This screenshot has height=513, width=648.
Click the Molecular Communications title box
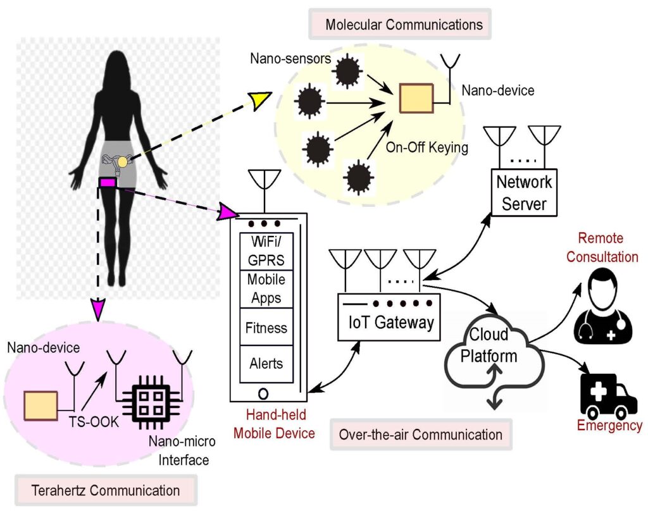tap(404, 25)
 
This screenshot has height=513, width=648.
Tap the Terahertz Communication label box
tap(106, 490)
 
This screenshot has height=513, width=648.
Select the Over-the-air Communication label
tap(421, 435)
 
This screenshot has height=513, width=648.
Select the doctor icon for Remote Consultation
tap(602, 303)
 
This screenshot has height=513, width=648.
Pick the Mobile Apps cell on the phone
tap(266, 288)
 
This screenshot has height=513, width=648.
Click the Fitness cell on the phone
tap(266, 328)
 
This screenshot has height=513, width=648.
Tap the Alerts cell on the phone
tap(266, 364)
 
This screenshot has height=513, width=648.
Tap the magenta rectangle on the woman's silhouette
tap(108, 182)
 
